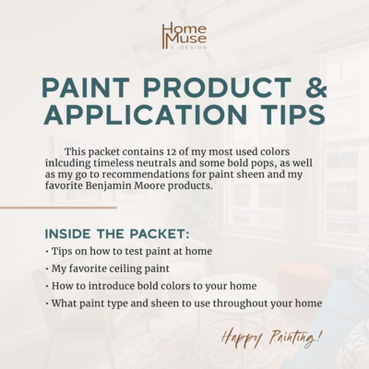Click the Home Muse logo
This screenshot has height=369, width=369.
coord(184,36)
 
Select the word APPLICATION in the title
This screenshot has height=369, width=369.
coord(145,114)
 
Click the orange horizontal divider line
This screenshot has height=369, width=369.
coord(58,208)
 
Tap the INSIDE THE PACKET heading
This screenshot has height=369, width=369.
coord(117,234)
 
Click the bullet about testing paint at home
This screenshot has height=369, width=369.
coord(128,252)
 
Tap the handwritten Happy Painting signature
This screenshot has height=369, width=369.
coord(272,338)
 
